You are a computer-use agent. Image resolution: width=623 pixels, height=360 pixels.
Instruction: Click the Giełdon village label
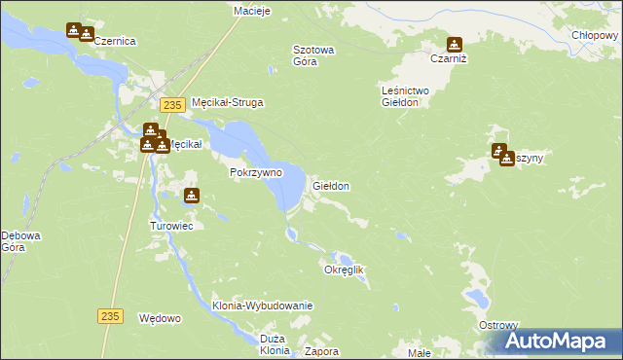point(331,185)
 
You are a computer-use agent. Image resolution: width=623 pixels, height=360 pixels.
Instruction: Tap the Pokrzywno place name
point(256,172)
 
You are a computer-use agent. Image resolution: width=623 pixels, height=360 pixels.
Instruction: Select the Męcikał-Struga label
point(229,102)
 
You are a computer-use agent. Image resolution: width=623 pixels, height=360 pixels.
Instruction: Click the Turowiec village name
point(173,226)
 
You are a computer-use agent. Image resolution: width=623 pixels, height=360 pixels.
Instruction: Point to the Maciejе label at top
point(251,11)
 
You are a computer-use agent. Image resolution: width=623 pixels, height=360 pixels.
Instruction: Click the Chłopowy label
point(595,35)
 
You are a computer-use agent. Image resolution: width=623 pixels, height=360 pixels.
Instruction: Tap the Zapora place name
point(322,351)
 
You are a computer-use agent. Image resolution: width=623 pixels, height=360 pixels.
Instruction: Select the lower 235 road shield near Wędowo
point(111,315)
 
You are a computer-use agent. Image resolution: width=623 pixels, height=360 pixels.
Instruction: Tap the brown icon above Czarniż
point(454,44)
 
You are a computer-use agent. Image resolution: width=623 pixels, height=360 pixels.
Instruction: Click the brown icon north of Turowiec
point(191,196)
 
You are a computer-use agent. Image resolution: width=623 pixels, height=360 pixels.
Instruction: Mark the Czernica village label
point(114,42)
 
